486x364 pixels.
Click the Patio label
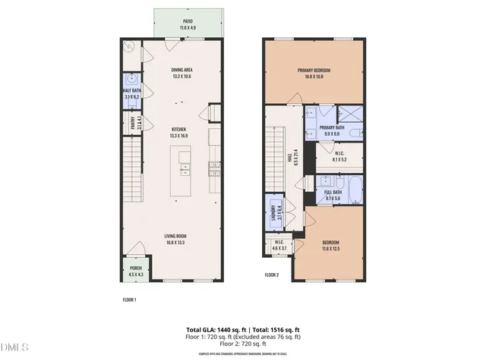[187, 24]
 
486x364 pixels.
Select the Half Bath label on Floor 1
[131, 93]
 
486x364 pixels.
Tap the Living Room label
[176, 239]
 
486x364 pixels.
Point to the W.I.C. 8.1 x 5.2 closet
[340, 158]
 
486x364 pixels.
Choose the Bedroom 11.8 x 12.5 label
[330, 246]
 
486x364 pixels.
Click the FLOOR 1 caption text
[129, 300]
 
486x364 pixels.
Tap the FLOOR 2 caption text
[271, 275]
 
